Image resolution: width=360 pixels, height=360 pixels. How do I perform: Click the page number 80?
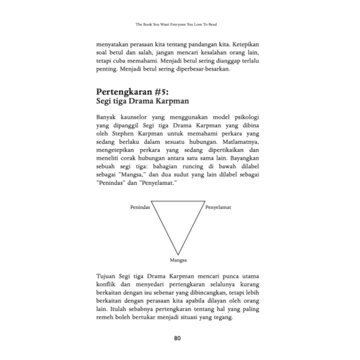point(177,339)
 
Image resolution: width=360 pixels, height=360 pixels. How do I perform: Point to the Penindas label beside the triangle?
point(140,207)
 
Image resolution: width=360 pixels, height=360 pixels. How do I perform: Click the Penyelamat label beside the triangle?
point(218,207)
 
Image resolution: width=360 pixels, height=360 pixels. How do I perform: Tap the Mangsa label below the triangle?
point(178,261)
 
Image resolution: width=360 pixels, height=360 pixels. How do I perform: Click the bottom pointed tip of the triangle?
point(178,254)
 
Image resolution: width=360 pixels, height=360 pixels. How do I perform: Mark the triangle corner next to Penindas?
point(152,201)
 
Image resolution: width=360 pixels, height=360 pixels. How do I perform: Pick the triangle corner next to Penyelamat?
point(205,201)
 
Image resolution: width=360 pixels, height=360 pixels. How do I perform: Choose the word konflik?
point(106,284)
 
